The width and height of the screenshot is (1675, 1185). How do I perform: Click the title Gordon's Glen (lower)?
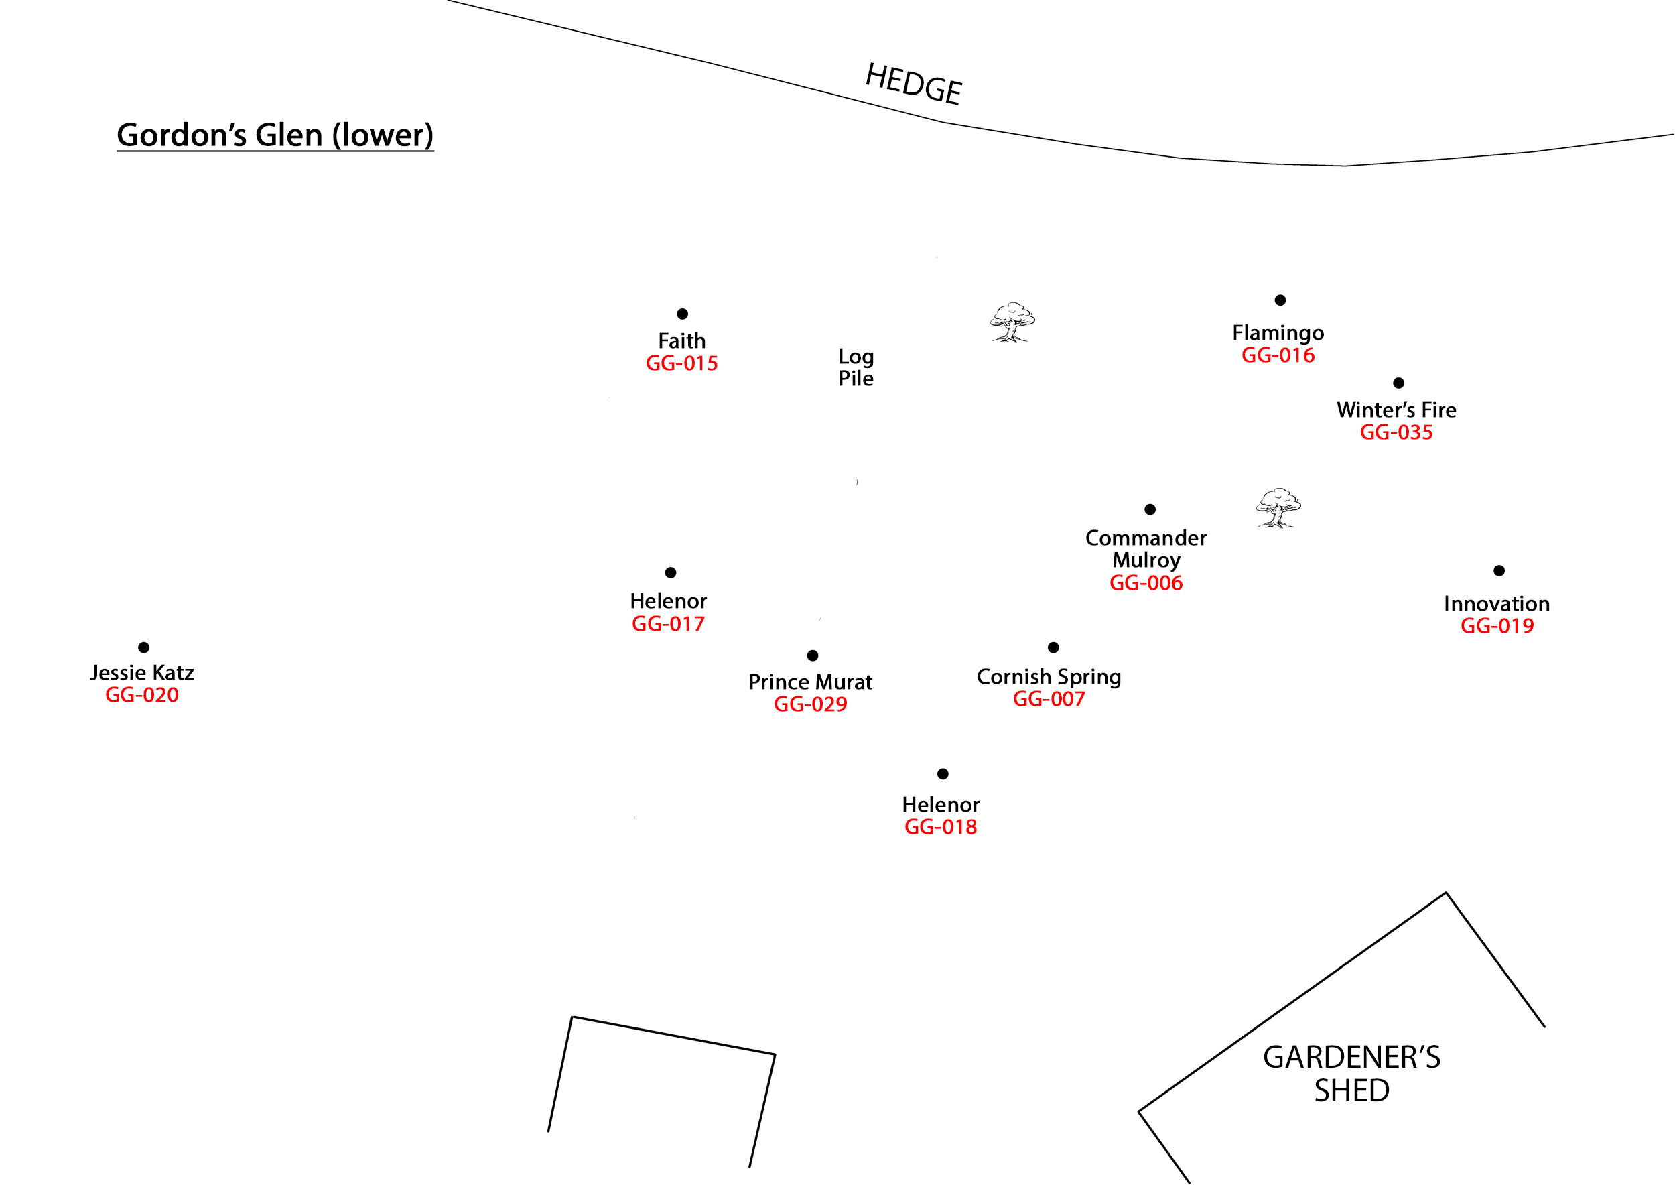(x=275, y=135)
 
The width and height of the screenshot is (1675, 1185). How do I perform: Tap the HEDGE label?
(x=913, y=84)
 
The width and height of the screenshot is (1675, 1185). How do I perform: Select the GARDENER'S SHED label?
(x=1351, y=1073)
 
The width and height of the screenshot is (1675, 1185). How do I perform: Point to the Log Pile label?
(x=856, y=367)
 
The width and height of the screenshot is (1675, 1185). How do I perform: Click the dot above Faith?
(x=682, y=314)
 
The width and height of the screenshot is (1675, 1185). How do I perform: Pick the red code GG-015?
(x=681, y=363)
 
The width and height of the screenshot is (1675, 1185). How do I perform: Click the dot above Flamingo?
(x=1280, y=300)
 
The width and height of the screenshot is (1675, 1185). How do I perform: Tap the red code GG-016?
(x=1278, y=355)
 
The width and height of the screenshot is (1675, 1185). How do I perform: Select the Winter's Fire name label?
(x=1396, y=410)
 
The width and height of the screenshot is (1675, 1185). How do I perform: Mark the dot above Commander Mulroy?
(x=1150, y=509)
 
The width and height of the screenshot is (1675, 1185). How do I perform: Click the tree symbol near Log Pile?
(x=1012, y=322)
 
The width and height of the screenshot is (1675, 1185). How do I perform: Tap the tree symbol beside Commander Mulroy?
(x=1278, y=508)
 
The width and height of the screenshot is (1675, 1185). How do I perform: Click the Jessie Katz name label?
(x=142, y=673)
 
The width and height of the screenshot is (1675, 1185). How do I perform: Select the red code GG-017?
(x=667, y=624)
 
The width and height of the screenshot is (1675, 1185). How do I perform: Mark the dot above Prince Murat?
(x=812, y=656)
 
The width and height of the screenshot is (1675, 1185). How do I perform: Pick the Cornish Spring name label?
(x=1049, y=677)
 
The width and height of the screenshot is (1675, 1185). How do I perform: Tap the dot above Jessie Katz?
(x=144, y=647)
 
